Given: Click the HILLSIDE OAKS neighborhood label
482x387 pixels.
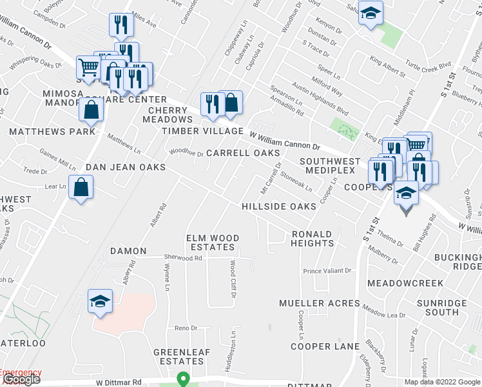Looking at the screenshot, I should pos(278,206).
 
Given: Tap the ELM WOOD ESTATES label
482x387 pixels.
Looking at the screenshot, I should pos(213,243).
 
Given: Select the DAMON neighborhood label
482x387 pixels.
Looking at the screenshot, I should pos(128,251).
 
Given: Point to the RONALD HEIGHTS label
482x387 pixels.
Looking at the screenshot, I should pos(313,239).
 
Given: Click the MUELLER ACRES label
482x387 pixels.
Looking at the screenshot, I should pos(320,303).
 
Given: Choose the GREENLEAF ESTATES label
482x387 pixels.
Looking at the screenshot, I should pos(178,357).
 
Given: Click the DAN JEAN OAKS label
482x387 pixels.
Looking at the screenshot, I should pos(126,167).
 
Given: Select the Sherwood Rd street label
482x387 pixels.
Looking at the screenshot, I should pos(182,258).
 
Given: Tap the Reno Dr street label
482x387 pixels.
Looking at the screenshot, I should pos(186,328).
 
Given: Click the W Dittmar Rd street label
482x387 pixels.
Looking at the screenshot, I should pos(119,382).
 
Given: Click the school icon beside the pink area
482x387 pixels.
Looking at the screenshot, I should pos(100,301).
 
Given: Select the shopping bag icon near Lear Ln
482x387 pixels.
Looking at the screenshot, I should pos(81,188).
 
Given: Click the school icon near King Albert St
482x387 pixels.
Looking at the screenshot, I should pos(371,14).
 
